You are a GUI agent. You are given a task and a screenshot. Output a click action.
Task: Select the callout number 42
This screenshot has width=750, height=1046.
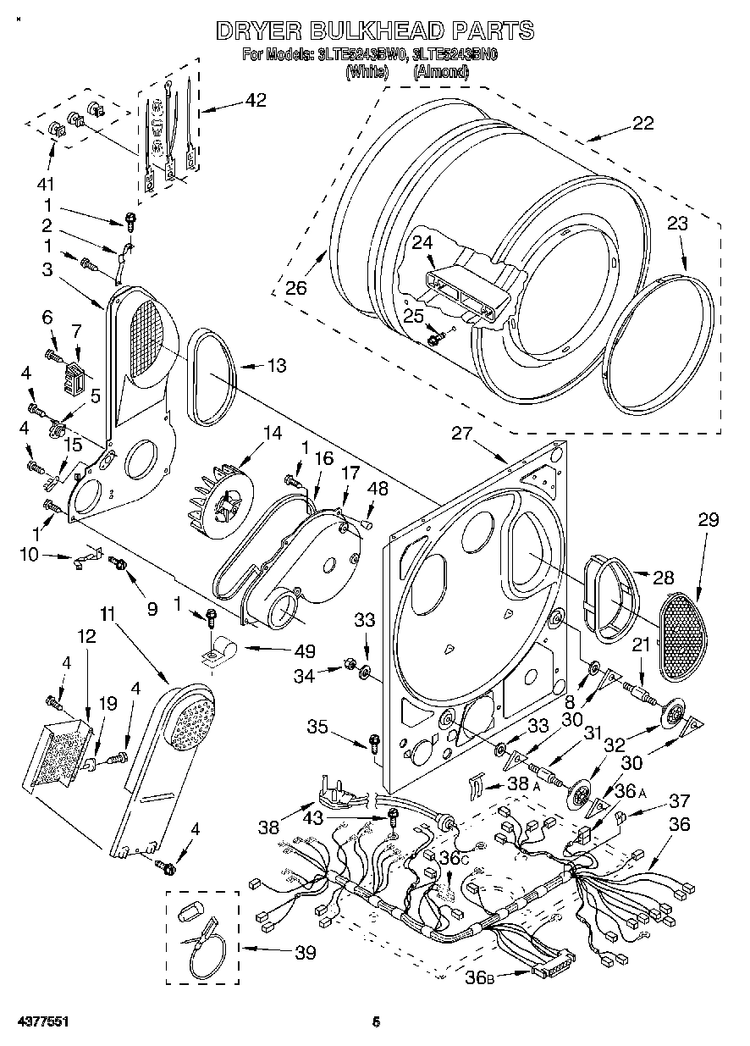[255, 100]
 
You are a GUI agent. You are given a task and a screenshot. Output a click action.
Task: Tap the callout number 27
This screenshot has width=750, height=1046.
[460, 434]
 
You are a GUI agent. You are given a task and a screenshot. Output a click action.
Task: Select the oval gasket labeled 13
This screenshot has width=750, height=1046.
[206, 377]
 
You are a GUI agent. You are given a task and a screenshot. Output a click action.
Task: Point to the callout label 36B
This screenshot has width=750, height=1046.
[478, 977]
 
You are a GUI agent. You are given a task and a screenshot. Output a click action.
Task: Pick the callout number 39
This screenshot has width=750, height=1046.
[306, 953]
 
